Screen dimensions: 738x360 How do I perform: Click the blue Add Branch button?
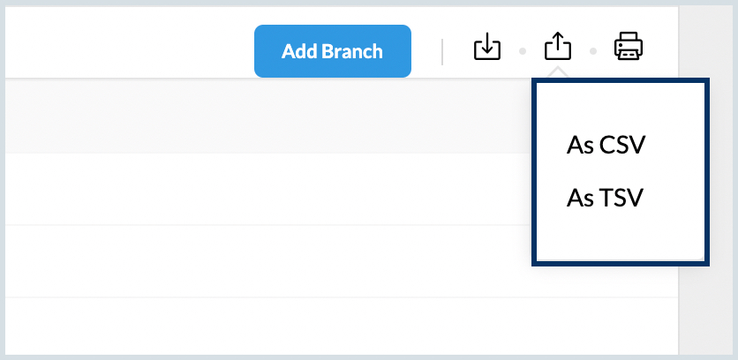(333, 51)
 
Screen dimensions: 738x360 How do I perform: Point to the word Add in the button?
(299, 51)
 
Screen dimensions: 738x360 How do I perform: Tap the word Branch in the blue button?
(352, 51)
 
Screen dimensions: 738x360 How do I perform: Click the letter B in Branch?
(326, 51)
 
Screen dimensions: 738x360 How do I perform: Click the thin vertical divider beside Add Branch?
(442, 52)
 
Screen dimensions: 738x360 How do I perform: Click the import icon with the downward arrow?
(487, 46)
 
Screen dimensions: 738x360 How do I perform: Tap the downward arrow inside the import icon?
(487, 41)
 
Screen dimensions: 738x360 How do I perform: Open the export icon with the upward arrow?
(558, 46)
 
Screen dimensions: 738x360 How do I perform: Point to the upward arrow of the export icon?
(558, 41)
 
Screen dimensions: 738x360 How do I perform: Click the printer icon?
(629, 46)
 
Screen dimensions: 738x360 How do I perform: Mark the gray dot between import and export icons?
(523, 51)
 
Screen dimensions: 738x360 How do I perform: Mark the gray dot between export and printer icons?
(593, 51)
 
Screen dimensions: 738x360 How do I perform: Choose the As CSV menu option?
(606, 146)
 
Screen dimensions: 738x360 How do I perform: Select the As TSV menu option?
(605, 199)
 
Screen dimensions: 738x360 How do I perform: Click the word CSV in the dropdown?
(622, 146)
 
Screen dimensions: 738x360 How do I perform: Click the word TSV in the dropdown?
(621, 199)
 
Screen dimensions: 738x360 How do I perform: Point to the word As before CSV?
(580, 146)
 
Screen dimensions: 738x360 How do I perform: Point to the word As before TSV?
(580, 199)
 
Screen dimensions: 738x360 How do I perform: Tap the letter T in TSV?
(606, 199)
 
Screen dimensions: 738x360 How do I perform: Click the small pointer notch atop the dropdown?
(558, 73)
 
